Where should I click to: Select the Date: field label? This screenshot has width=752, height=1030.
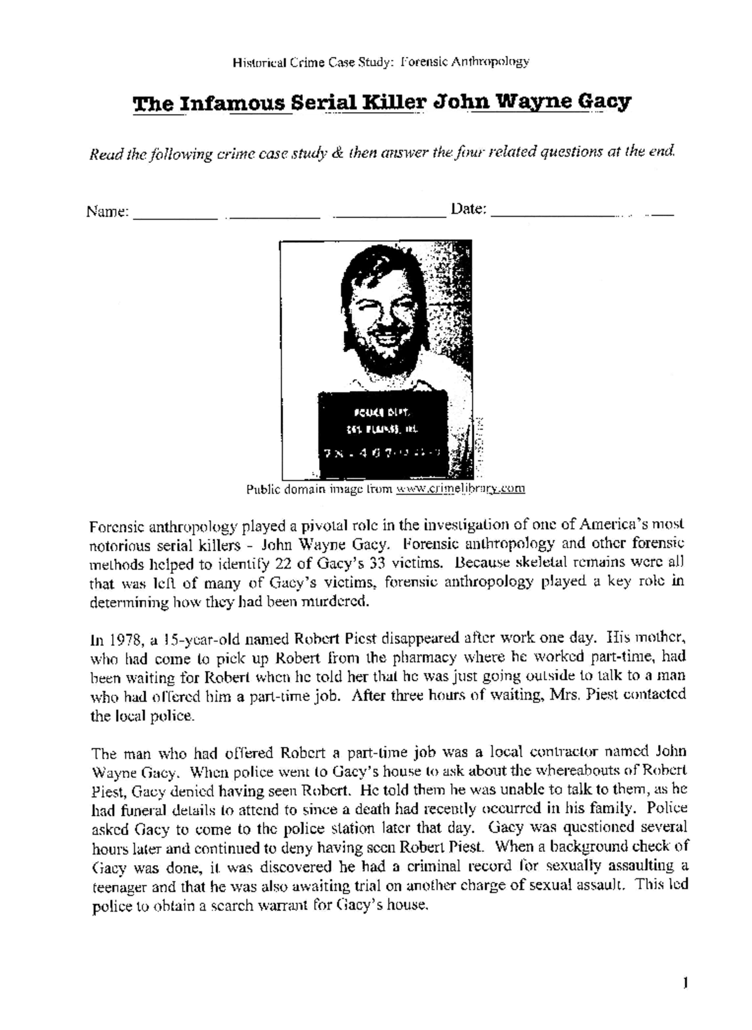[x=469, y=209]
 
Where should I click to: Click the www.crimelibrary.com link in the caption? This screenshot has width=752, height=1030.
[x=461, y=489]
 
